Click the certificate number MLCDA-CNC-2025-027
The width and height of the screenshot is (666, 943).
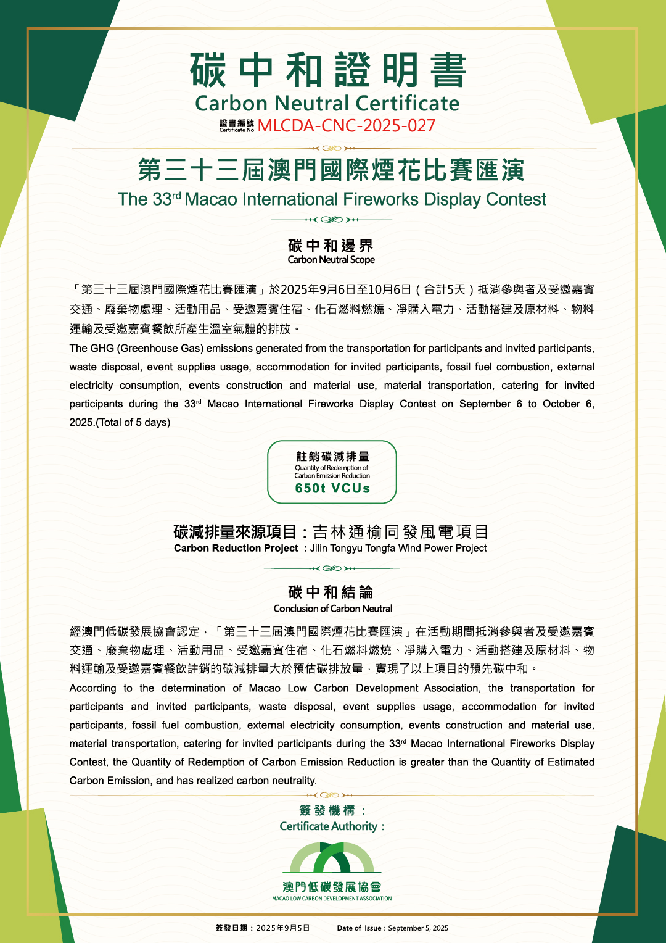346,126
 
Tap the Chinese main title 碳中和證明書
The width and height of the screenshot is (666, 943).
328,70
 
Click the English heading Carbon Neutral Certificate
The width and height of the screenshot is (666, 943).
327,103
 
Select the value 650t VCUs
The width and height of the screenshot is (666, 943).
332,488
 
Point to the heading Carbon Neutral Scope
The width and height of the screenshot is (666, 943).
331,260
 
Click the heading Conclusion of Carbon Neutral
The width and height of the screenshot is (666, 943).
333,609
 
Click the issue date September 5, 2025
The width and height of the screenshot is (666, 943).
418,928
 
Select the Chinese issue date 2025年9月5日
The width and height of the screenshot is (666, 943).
282,928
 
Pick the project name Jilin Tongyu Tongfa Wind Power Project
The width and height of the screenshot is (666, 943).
398,548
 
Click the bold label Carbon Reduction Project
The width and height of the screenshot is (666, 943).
236,548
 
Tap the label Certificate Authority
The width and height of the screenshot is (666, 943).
331,826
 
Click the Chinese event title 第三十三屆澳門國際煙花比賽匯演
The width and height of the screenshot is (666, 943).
331,170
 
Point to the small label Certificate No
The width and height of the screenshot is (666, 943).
236,130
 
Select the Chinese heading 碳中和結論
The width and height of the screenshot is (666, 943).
331,592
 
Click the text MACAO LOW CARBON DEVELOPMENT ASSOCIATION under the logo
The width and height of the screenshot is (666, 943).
332,899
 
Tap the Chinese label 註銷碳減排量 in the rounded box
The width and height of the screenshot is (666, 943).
332,457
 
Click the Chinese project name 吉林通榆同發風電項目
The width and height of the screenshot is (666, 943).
401,531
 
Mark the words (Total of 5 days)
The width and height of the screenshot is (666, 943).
133,423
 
